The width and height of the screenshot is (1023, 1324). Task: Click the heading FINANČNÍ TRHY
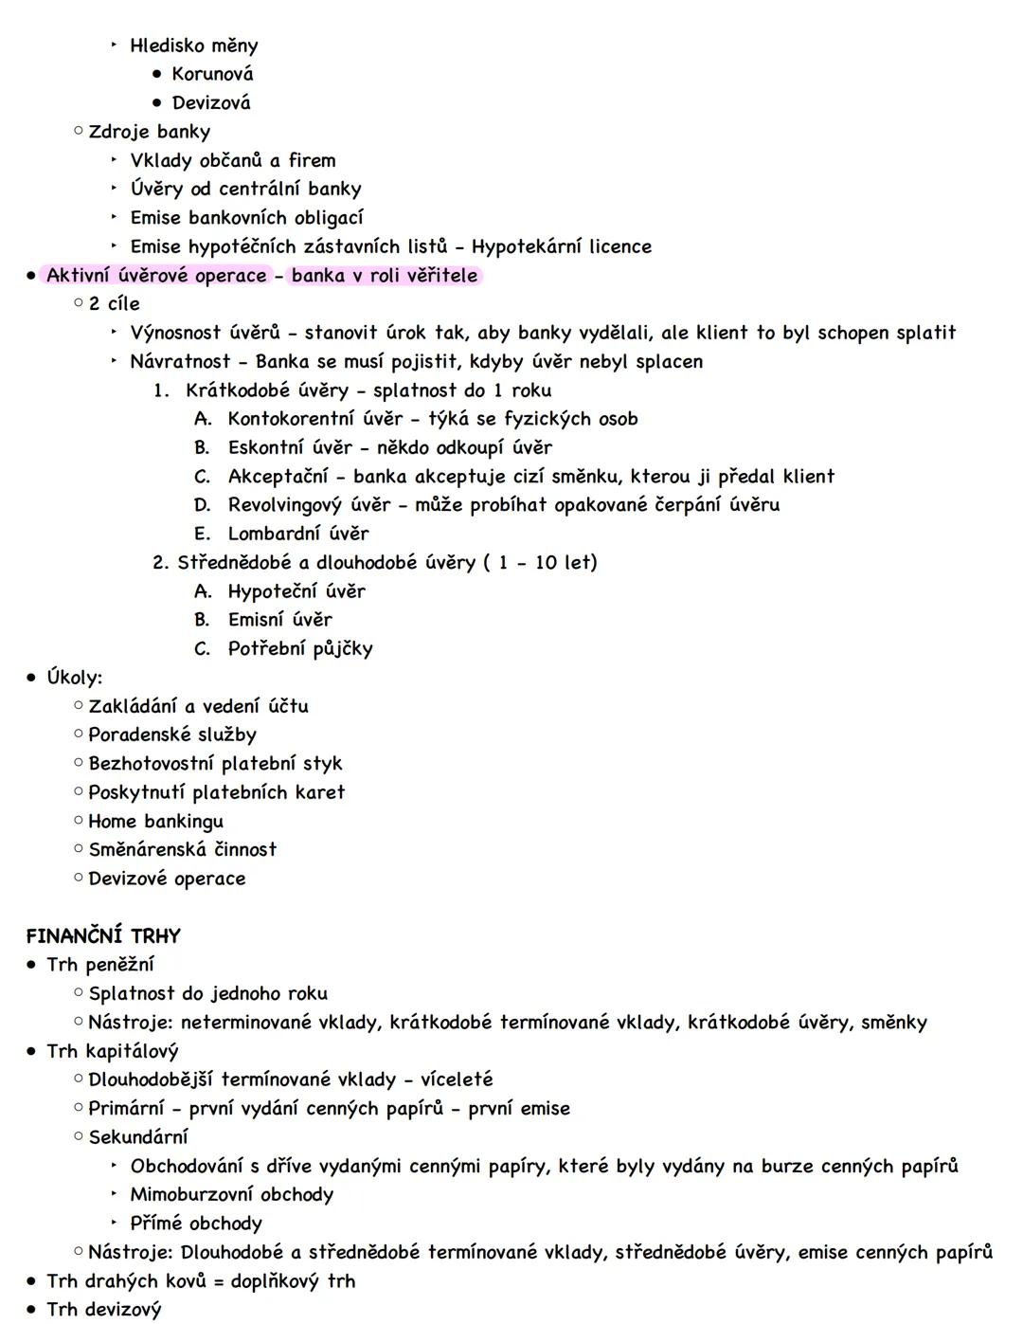pos(103,936)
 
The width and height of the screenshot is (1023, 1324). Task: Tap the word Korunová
pos(212,74)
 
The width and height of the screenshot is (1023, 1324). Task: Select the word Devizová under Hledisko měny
pos(211,102)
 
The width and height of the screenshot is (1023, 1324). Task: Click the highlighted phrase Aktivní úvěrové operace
pos(156,276)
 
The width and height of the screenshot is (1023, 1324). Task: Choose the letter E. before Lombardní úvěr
pos(202,534)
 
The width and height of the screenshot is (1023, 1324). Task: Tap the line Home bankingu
pos(155,821)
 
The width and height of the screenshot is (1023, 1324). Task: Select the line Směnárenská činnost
pos(182,850)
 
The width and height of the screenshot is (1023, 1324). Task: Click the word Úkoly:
pos(74,678)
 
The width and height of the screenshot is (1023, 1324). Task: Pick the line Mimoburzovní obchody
pos(231,1194)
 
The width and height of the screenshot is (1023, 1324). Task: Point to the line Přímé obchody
pos(196,1224)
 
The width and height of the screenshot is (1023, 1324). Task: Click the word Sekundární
pos(138,1137)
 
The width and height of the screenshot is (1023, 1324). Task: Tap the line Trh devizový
pos(104,1310)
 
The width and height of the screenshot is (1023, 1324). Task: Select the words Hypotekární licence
pos(562,247)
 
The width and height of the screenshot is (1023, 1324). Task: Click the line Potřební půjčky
pos(300,649)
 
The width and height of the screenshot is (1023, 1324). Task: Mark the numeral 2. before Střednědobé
pos(161,563)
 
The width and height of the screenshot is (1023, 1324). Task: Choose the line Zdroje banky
pos(149,132)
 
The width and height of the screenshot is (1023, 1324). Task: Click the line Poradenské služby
pos(172,735)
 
